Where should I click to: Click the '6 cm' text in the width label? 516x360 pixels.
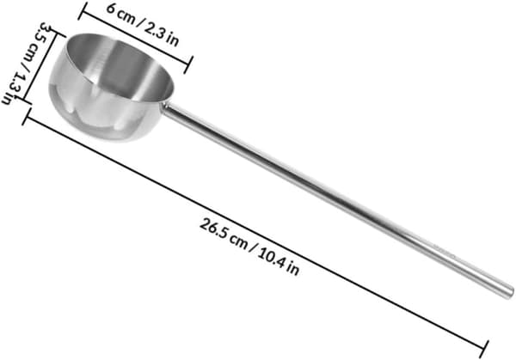(x=121, y=14)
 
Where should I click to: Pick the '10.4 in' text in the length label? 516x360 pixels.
(x=279, y=262)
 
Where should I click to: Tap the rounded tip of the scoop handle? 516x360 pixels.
(x=508, y=292)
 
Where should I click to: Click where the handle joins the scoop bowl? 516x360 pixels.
(x=165, y=106)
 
